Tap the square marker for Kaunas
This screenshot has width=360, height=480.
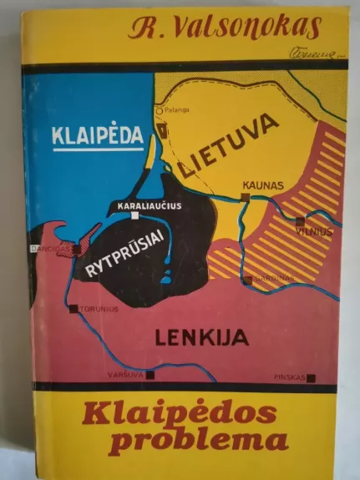pyautogui.click(x=246, y=198)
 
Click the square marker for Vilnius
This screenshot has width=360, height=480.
pyautogui.click(x=300, y=221)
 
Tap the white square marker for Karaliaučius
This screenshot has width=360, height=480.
pyautogui.click(x=135, y=215)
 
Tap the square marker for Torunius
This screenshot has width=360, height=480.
pyautogui.click(x=74, y=308)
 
